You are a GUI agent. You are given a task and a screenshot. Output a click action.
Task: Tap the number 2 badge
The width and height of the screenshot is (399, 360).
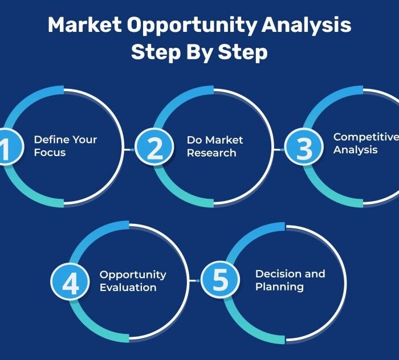[154, 147]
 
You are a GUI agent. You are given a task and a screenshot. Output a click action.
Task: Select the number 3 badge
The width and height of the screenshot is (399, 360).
[304, 147]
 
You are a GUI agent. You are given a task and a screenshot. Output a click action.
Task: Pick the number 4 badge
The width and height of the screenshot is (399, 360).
[70, 281]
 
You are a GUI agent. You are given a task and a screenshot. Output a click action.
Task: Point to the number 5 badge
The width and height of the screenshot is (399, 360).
[220, 280]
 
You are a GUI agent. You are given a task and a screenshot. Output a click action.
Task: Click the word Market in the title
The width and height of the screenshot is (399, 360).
[84, 24]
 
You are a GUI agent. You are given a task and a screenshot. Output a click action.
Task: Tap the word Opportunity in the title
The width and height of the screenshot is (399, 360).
[192, 26]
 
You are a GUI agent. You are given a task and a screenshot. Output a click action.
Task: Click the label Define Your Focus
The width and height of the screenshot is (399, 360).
[66, 146]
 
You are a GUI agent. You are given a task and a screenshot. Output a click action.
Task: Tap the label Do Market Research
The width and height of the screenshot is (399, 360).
[215, 146]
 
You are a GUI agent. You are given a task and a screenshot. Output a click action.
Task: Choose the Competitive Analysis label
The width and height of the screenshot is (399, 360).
[366, 144]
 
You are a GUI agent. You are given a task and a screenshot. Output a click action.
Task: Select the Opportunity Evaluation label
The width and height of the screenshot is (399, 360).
[133, 281]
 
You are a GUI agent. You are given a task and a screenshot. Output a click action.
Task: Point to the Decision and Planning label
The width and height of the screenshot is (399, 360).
[290, 280]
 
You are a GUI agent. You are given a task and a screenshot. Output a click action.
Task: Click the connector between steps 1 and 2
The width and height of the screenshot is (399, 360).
[129, 150]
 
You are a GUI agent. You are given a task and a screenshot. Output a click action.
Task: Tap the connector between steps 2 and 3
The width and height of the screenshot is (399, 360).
[279, 150]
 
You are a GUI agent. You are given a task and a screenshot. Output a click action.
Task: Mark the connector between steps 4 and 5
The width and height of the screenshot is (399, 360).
[195, 281]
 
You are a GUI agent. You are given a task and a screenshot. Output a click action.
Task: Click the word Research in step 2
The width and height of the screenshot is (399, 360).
[211, 153]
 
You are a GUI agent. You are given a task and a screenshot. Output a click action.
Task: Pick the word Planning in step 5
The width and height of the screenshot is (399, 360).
[279, 287]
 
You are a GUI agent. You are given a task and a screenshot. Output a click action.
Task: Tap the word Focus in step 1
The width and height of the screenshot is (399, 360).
[50, 153]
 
